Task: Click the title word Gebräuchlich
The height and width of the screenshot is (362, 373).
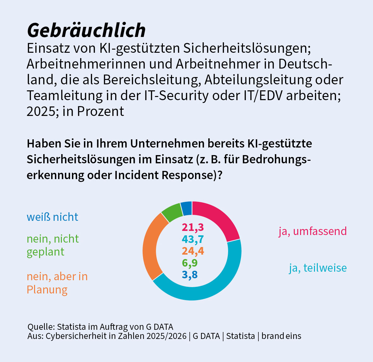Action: pos(86,31)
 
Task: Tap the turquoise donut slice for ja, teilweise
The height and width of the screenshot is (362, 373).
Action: pos(208,286)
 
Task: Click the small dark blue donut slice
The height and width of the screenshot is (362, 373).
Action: pos(186,208)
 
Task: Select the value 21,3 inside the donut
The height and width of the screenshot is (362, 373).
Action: pos(192,227)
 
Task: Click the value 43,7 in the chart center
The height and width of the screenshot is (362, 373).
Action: pos(192,239)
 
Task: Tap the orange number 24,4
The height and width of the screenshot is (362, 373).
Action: pos(192,251)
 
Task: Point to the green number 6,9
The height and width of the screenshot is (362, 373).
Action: pos(190,263)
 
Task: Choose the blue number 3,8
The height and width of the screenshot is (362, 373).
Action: pos(190,275)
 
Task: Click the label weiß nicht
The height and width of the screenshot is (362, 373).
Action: pos(52,217)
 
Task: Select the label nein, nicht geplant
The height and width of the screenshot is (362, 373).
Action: pos(52,245)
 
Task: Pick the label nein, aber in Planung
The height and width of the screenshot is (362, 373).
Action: pos(57,283)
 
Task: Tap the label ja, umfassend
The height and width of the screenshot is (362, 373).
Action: pos(312,231)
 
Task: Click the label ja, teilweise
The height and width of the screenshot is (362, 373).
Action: pos(318,268)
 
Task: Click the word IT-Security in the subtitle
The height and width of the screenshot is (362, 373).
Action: pos(176,96)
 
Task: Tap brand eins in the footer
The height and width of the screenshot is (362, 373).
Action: pos(281,336)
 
